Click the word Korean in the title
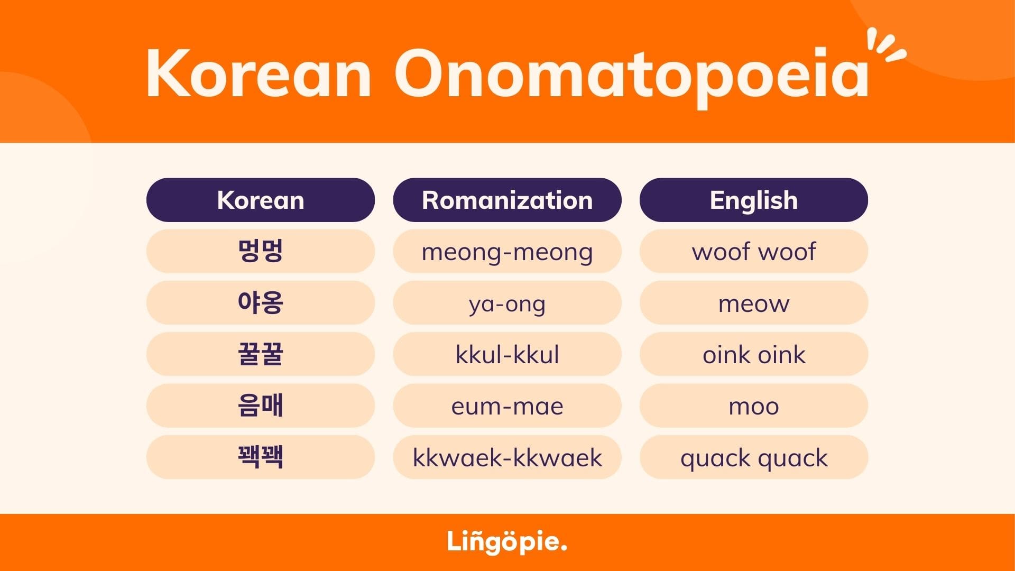[x=259, y=73]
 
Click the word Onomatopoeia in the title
[x=632, y=78]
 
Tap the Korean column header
[x=261, y=200]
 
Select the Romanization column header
[x=507, y=200]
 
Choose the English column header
[x=754, y=200]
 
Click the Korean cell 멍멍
[x=261, y=251]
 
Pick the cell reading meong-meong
[x=507, y=251]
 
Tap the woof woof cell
[x=754, y=251]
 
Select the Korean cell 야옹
[x=261, y=302]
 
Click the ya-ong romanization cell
[x=507, y=302]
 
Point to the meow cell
[x=754, y=302]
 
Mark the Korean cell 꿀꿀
[x=261, y=354]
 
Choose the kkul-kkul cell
[x=507, y=354]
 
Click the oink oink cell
[x=754, y=354]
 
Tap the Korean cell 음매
[x=261, y=406]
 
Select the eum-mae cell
[x=507, y=406]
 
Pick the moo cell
[x=754, y=406]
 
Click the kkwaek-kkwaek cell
[x=507, y=457]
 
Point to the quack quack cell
[x=754, y=457]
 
